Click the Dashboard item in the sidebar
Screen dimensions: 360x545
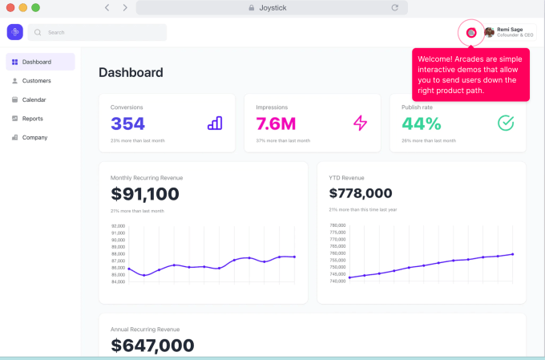[x=39, y=62]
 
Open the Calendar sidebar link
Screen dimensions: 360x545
[x=34, y=99]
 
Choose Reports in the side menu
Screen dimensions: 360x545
[x=32, y=119]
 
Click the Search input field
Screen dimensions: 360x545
[x=98, y=32]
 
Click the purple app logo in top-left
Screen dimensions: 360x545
[x=15, y=32]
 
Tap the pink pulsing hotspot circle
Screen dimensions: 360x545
[x=471, y=32]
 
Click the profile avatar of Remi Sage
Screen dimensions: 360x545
[x=489, y=32]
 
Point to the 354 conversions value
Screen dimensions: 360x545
[x=127, y=123]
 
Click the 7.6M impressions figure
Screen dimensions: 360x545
[x=276, y=123]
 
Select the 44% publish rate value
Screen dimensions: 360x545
[x=422, y=123]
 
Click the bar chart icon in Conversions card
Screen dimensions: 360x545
[x=215, y=123]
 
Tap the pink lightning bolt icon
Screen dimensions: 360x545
[x=360, y=123]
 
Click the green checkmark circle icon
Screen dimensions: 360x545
[x=505, y=123]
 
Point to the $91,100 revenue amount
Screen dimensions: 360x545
[x=145, y=194]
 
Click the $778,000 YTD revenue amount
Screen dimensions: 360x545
[x=361, y=193]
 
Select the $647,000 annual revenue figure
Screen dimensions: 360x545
[x=152, y=346]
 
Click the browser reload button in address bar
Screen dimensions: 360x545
[x=394, y=7]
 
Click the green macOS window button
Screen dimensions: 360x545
[x=35, y=7]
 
